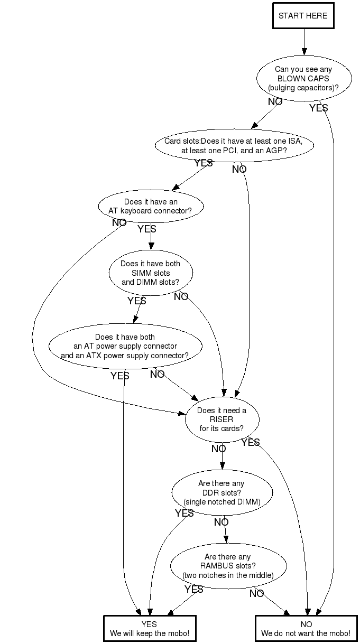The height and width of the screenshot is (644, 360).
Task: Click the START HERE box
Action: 303,16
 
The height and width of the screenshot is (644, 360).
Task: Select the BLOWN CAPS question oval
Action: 303,78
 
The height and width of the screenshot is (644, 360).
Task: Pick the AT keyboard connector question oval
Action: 151,206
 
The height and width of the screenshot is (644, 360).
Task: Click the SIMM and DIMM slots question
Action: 151,273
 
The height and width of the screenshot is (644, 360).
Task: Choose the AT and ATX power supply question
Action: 125,346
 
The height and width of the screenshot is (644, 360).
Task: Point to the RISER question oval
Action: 221,419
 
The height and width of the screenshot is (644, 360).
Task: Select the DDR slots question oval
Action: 221,492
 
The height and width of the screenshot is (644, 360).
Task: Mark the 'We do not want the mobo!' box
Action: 306,629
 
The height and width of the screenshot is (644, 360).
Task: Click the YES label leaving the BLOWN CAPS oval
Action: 318,108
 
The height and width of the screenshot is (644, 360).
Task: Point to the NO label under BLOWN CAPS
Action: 275,102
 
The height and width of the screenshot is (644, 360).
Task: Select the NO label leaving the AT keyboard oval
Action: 119,223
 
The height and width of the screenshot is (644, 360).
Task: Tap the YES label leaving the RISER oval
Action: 250,443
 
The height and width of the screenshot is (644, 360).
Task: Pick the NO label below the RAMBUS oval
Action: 256,594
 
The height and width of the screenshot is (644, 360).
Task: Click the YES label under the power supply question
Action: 119,376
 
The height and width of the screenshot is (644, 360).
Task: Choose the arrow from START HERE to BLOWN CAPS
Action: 304,42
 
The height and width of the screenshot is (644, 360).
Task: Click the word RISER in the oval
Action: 221,419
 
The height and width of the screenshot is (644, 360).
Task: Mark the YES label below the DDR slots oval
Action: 184,514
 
